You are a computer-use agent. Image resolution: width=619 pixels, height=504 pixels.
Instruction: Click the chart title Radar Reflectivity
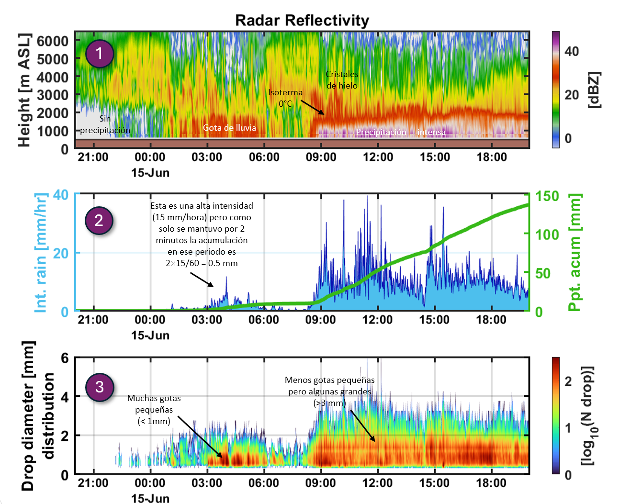(302, 20)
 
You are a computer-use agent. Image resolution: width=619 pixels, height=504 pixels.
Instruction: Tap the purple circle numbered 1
(100, 53)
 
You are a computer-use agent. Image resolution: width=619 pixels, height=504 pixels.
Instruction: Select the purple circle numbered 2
(99, 220)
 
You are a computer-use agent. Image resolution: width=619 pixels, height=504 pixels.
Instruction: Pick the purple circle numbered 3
(99, 387)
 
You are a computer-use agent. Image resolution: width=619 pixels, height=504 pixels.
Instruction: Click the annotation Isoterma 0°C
(285, 98)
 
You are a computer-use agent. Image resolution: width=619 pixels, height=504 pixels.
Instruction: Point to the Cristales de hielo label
(342, 80)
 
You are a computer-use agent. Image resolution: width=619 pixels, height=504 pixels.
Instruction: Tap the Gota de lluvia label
(229, 128)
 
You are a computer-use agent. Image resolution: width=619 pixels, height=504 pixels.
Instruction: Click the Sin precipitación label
(105, 124)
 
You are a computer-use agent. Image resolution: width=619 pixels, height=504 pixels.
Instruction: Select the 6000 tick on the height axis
(53, 41)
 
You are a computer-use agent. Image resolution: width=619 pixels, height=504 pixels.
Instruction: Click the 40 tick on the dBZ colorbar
(572, 51)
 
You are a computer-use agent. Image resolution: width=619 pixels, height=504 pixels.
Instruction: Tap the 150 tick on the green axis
(547, 196)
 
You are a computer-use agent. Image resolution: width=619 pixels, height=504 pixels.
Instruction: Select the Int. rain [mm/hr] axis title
(41, 253)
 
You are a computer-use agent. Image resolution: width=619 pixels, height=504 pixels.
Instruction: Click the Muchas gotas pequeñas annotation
(154, 410)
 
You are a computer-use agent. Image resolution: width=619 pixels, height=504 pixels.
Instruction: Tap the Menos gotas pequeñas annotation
(329, 392)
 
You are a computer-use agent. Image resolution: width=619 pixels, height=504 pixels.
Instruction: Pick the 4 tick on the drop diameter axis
(65, 397)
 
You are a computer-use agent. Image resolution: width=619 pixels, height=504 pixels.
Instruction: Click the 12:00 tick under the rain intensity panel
(377, 320)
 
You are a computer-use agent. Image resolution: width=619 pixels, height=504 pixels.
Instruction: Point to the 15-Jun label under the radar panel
(150, 173)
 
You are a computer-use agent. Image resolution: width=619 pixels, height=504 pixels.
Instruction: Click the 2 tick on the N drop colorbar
(568, 381)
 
